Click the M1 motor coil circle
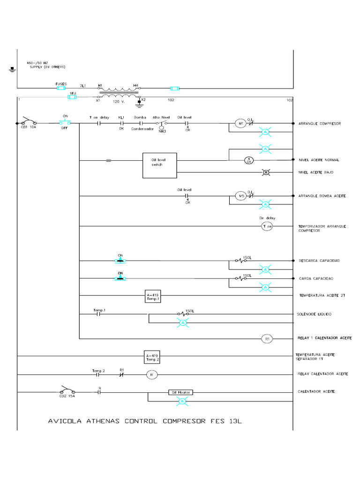pyautogui.click(x=240, y=124)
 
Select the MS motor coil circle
pyautogui.click(x=240, y=196)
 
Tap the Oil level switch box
pyautogui.click(x=160, y=165)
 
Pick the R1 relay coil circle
pyautogui.click(x=267, y=338)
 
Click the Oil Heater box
pyautogui.click(x=180, y=392)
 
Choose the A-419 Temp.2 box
pyautogui.click(x=153, y=357)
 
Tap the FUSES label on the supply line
pyautogui.click(x=61, y=84)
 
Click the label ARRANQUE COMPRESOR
pyautogui.click(x=319, y=124)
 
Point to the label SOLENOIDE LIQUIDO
pyautogui.click(x=315, y=314)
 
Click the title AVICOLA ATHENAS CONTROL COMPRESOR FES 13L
pyautogui.click(x=145, y=420)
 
